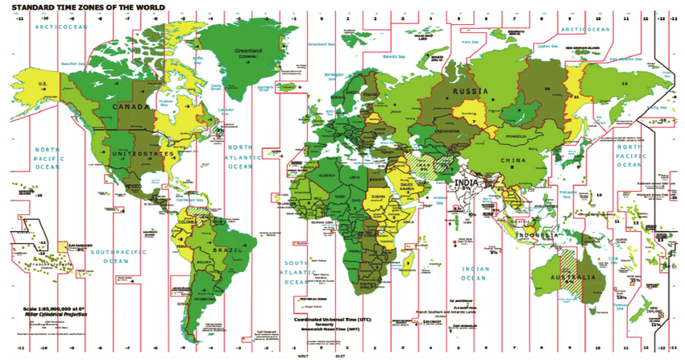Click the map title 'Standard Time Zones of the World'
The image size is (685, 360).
[89, 6]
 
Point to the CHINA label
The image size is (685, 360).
[513, 159]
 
